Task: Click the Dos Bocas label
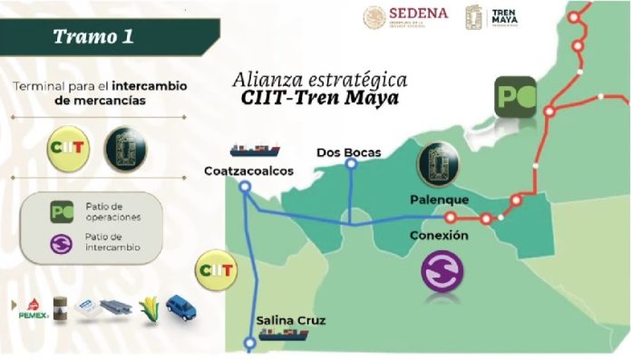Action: point(349,151)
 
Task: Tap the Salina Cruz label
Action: point(290,320)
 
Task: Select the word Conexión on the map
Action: point(438,235)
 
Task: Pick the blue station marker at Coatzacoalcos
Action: point(244,187)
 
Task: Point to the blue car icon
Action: point(180,308)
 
